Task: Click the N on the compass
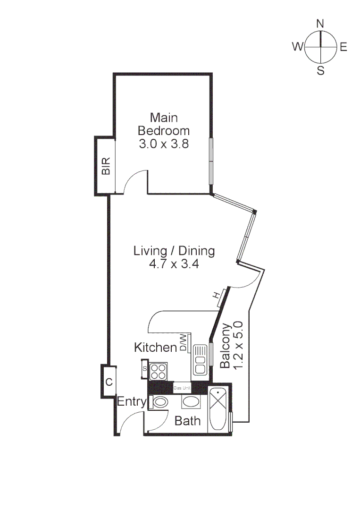[x=320, y=24]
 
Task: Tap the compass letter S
[x=320, y=71]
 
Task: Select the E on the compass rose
[x=343, y=47]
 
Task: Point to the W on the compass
[x=298, y=46]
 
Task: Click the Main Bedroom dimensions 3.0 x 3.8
[x=164, y=144]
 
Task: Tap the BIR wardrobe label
[x=106, y=166]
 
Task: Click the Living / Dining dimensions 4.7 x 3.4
[x=174, y=264]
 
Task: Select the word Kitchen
[x=155, y=348]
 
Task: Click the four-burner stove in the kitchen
[x=158, y=371]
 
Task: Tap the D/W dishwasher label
[x=184, y=342]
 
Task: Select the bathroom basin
[x=191, y=402]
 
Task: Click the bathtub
[x=218, y=409]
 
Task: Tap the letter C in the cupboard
[x=109, y=382]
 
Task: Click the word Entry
[x=132, y=402]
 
